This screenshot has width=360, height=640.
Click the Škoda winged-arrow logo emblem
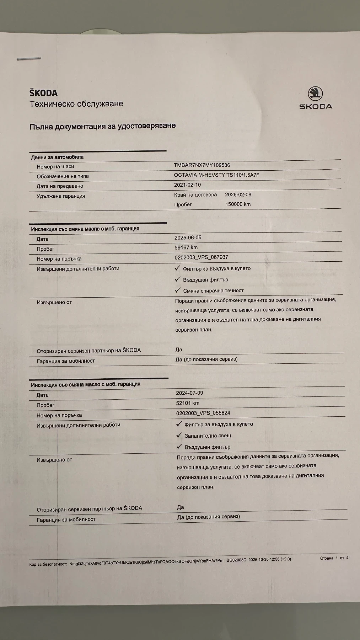[315, 94]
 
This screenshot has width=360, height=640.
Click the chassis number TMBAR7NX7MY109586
[202, 165]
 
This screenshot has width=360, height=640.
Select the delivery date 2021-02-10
[187, 185]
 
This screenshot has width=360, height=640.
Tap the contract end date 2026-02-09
[238, 194]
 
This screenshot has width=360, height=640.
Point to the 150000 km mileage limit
[238, 204]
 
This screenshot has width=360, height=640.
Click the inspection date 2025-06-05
[188, 238]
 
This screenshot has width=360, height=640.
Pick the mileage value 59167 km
[186, 247]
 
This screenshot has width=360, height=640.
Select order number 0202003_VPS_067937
[201, 257]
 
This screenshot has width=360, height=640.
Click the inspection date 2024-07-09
[189, 393]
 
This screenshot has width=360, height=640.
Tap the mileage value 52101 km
[188, 403]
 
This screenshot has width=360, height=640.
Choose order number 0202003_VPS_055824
[203, 413]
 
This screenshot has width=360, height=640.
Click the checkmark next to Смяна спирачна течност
[178, 290]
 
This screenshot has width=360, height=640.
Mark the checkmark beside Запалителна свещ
[179, 435]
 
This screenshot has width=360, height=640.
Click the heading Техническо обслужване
[76, 104]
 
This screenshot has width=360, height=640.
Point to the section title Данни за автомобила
[57, 157]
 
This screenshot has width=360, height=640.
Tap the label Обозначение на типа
[63, 176]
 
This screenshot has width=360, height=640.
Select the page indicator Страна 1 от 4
[334, 558]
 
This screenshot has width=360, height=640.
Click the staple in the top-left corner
[29, 59]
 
